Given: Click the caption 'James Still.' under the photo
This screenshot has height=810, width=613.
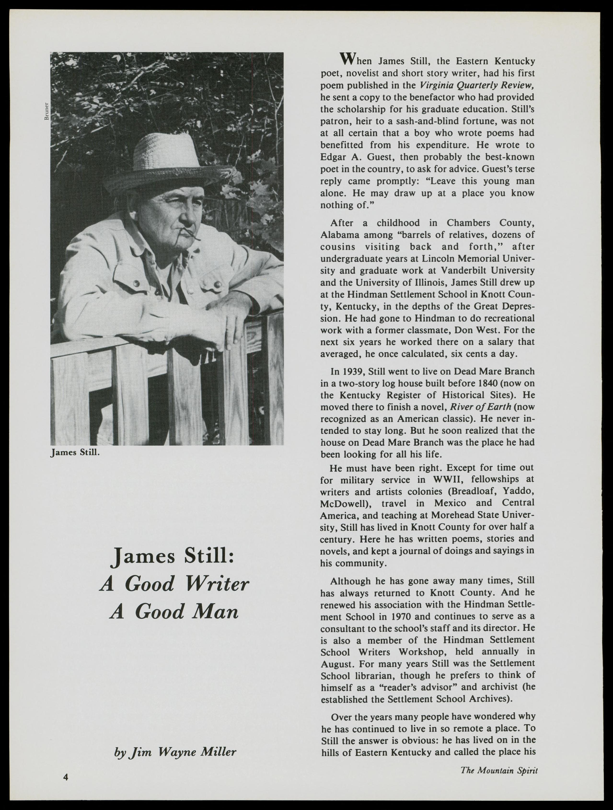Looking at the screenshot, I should pos(75,453).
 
